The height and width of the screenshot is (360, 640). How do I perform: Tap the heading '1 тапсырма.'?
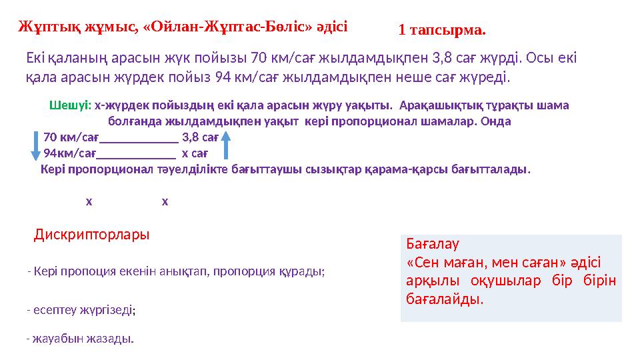click(x=442, y=30)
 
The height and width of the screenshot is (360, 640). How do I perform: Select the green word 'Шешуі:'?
click(x=70, y=105)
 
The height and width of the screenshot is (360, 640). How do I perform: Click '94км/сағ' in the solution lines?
click(x=70, y=153)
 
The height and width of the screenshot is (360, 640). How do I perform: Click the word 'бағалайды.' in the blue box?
click(x=445, y=299)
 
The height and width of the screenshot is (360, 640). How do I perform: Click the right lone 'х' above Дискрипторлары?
click(x=165, y=201)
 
